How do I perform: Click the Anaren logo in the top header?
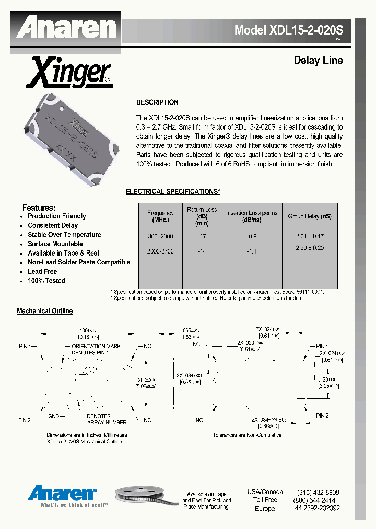click(65, 27)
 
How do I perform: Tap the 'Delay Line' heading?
click(318, 61)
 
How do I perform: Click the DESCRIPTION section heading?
click(157, 102)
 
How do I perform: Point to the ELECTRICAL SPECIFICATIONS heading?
click(173, 192)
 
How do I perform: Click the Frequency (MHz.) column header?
click(160, 216)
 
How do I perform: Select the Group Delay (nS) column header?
click(310, 216)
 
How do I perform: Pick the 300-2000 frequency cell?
click(160, 236)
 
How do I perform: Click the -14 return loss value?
click(202, 251)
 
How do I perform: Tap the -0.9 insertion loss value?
click(251, 236)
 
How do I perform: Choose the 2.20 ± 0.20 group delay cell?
click(310, 248)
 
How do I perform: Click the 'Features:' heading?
click(39, 208)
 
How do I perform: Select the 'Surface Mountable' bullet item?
click(55, 244)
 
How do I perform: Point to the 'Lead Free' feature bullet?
click(42, 272)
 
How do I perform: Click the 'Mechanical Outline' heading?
click(45, 311)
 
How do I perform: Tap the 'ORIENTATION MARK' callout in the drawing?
click(96, 346)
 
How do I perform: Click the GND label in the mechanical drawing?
click(53, 416)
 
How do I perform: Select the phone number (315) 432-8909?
click(318, 492)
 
